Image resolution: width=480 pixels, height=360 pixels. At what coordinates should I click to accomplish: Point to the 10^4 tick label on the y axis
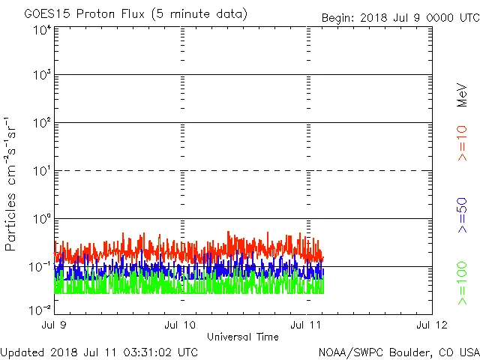click(41, 30)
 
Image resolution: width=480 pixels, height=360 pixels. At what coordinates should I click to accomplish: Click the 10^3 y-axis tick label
click(41, 75)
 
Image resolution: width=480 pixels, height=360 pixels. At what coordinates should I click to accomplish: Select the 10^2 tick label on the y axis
click(41, 122)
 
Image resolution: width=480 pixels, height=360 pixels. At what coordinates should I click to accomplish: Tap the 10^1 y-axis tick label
click(41, 170)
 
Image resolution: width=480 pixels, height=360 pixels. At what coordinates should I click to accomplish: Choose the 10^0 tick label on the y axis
click(41, 218)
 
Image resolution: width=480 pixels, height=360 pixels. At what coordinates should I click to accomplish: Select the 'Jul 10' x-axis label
click(180, 325)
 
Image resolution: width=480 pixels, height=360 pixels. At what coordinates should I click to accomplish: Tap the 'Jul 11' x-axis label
click(307, 325)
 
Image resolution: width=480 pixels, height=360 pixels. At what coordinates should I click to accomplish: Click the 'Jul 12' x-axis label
click(432, 325)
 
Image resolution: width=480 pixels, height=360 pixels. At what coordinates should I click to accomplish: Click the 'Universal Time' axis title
click(243, 337)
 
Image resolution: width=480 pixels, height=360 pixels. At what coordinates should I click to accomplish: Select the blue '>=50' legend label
click(463, 214)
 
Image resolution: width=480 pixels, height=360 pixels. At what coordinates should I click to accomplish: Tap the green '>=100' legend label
click(463, 283)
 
